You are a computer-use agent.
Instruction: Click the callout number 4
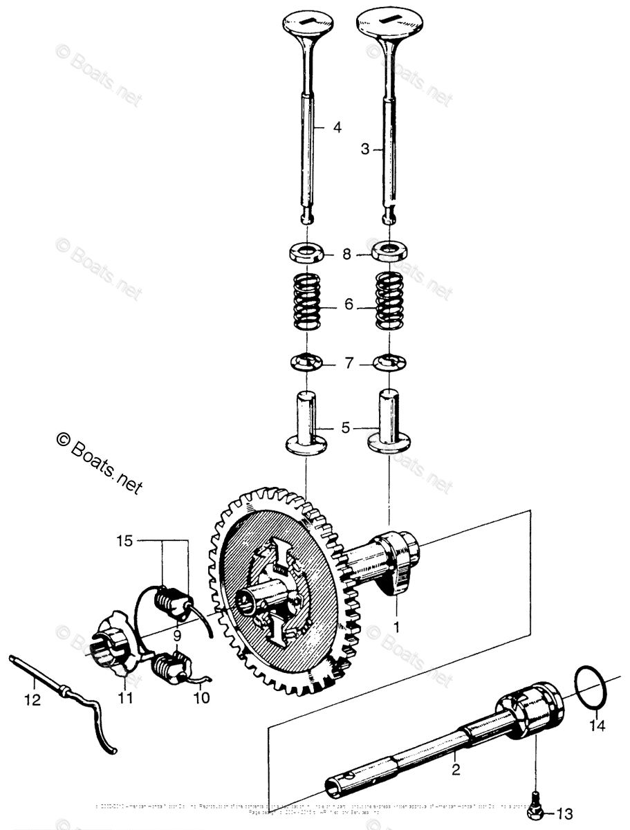click(337, 127)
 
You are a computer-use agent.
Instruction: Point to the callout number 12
click(32, 701)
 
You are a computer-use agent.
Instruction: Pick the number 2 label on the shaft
click(456, 748)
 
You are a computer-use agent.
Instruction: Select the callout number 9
click(176, 634)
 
